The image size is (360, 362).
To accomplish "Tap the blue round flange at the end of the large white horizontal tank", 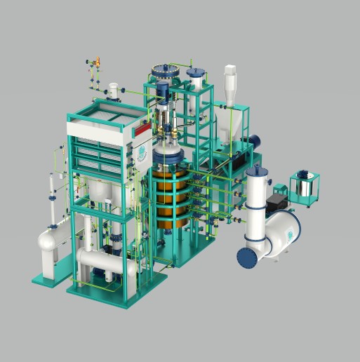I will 248,257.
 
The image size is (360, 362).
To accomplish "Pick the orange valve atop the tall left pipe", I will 98,62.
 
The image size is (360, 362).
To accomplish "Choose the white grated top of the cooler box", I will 105,112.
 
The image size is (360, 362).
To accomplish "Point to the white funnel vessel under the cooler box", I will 98,190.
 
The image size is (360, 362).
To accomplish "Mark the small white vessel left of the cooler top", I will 112,92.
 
